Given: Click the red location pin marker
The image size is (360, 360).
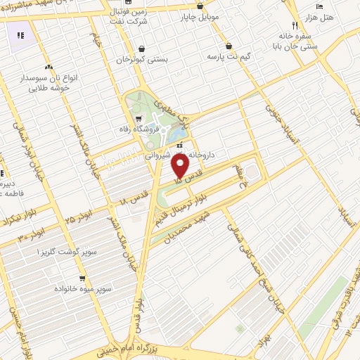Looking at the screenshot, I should click(181, 166).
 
